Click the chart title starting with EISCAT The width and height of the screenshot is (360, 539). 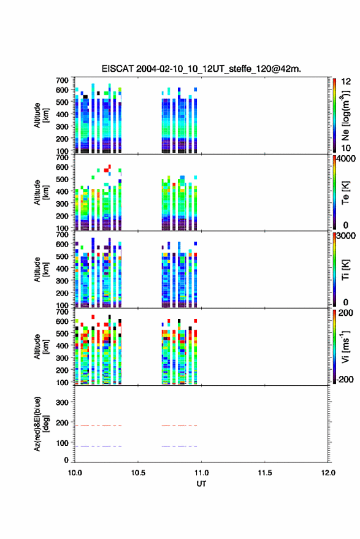[x=201, y=69]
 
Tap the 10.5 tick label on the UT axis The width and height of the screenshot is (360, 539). [x=138, y=473]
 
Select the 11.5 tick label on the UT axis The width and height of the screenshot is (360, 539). [x=264, y=473]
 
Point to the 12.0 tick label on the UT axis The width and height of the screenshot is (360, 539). [x=328, y=473]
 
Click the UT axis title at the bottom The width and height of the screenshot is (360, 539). [x=201, y=484]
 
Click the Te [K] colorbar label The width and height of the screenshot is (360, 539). [x=345, y=193]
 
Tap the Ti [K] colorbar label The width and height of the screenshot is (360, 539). [x=345, y=270]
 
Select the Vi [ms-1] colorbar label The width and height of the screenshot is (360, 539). [x=345, y=346]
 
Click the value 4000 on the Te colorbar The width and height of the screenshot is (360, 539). [x=346, y=159]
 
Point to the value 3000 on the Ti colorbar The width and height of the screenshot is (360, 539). [x=346, y=236]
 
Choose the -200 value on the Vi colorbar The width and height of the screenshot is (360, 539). [x=345, y=379]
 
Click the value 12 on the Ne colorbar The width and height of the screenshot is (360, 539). [x=346, y=82]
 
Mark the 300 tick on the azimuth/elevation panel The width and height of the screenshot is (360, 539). [x=62, y=402]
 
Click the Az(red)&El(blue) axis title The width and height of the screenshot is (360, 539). [x=41, y=424]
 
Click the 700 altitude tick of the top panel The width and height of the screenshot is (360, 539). [x=62, y=80]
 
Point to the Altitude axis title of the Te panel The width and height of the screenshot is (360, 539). [x=41, y=193]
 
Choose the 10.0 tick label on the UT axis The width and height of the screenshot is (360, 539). [x=75, y=473]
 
